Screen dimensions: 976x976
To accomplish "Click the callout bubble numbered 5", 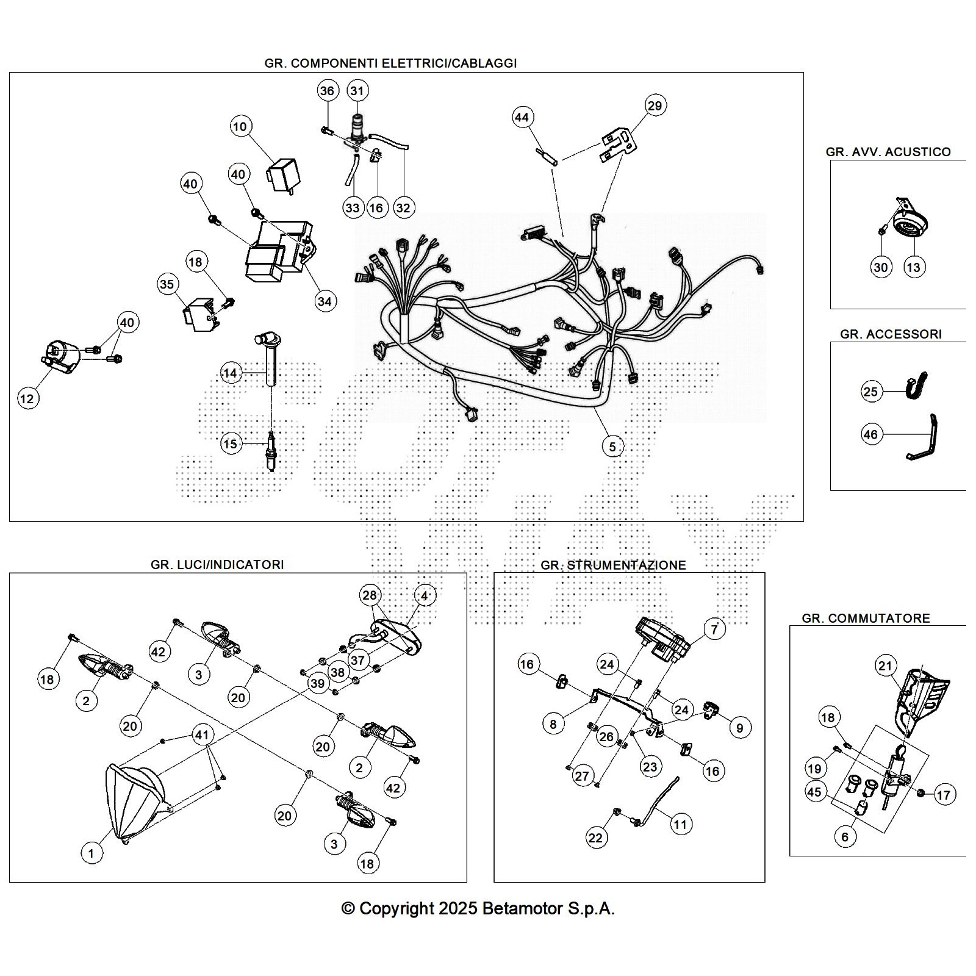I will click(612, 447).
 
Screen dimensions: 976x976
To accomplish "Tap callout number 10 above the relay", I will click(240, 126).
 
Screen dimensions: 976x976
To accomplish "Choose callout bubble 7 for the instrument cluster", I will click(714, 628).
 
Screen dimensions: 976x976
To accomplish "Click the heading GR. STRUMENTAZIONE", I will click(613, 565).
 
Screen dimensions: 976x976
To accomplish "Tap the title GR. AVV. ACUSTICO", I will click(888, 152).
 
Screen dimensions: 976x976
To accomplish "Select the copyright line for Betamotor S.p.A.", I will click(478, 908).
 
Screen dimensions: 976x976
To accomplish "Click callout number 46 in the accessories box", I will click(870, 434).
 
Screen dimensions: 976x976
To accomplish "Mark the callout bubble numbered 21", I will click(885, 666).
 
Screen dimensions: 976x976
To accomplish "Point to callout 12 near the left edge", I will click(27, 399).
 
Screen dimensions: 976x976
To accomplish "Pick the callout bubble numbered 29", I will click(654, 106).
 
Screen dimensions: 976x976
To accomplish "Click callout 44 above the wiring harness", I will click(522, 117).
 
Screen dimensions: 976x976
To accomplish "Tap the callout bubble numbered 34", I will click(325, 301).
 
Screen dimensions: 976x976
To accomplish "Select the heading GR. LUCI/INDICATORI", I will click(217, 565).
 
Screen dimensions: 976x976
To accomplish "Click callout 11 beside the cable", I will click(680, 825).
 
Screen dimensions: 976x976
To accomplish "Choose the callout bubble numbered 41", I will click(202, 734).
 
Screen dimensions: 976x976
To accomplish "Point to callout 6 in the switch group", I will click(845, 836).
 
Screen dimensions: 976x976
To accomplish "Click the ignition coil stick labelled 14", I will click(270, 360).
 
